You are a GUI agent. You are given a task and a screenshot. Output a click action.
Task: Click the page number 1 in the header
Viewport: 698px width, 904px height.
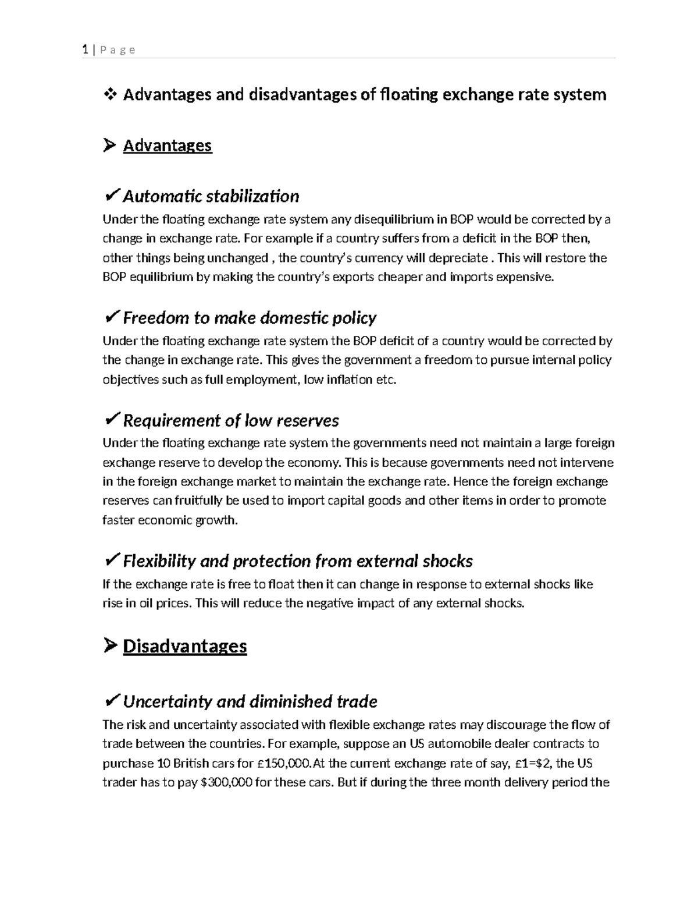85,49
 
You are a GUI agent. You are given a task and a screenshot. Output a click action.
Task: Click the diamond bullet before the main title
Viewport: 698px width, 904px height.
110,94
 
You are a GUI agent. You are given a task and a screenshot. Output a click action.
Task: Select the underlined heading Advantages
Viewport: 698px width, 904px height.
167,145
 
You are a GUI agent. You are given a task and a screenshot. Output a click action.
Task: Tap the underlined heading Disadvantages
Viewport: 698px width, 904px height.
184,646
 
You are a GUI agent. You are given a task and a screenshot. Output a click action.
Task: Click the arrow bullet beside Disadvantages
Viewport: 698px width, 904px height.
109,646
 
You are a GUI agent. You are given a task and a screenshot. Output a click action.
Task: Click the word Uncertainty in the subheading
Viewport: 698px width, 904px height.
168,701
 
